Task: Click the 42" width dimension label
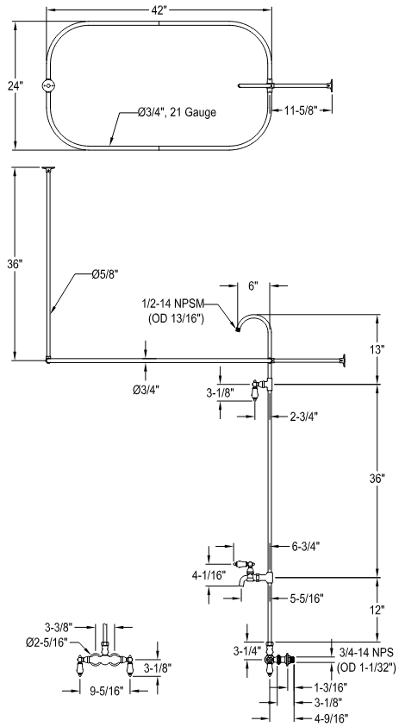(159, 11)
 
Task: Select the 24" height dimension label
(16, 85)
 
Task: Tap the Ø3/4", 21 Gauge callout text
(177, 112)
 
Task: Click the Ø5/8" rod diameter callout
(105, 273)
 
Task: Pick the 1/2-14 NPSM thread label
(173, 304)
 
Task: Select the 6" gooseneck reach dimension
(253, 285)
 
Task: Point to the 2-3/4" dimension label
(304, 417)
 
